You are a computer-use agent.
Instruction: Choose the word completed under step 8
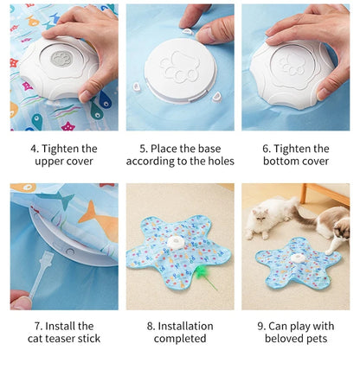click(x=180, y=339)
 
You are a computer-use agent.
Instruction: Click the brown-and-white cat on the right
click(x=334, y=226)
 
